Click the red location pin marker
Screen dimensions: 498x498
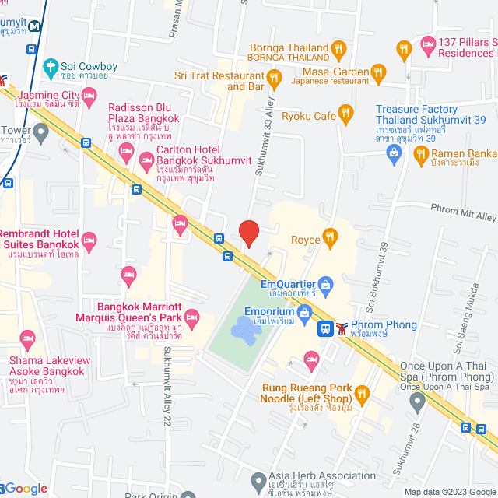click(248, 233)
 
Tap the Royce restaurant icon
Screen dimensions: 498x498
click(331, 237)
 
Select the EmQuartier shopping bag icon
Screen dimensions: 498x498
click(326, 282)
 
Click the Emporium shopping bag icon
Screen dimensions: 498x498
click(304, 312)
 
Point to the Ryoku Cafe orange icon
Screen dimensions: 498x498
click(347, 116)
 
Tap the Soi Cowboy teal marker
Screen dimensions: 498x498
click(51, 67)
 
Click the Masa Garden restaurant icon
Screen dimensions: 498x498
click(379, 72)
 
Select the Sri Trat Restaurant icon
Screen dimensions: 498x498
click(274, 77)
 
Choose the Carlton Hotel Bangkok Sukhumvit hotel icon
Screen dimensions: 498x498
click(146, 161)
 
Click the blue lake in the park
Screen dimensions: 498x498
click(248, 333)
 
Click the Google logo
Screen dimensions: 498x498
click(25, 489)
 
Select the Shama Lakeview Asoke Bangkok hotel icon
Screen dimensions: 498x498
click(28, 338)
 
